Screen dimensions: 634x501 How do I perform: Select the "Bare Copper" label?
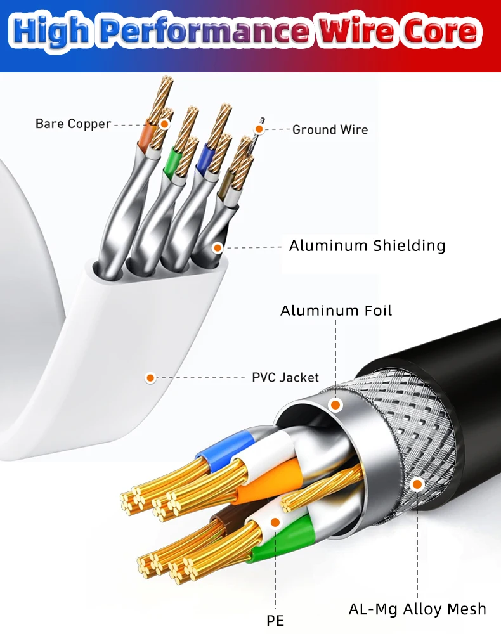pyautogui.click(x=73, y=124)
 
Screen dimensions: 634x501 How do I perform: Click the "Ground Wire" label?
pyautogui.click(x=330, y=129)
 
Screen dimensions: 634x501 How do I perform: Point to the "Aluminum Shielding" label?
pyautogui.click(x=367, y=245)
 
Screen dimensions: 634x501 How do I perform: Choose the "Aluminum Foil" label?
pyautogui.click(x=336, y=310)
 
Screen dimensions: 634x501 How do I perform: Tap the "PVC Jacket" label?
pyautogui.click(x=285, y=377)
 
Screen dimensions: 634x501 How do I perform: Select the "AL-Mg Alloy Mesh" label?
pyautogui.click(x=417, y=609)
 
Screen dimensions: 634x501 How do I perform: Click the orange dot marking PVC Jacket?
pyautogui.click(x=150, y=378)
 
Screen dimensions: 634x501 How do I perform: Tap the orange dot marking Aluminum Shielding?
pyautogui.click(x=218, y=247)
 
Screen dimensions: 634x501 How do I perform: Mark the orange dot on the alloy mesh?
pyautogui.click(x=417, y=485)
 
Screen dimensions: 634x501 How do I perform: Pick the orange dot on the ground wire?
pyautogui.click(x=259, y=129)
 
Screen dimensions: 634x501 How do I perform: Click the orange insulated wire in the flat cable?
pyautogui.click(x=147, y=136)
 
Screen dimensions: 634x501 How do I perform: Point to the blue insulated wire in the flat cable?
pyautogui.click(x=204, y=160)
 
